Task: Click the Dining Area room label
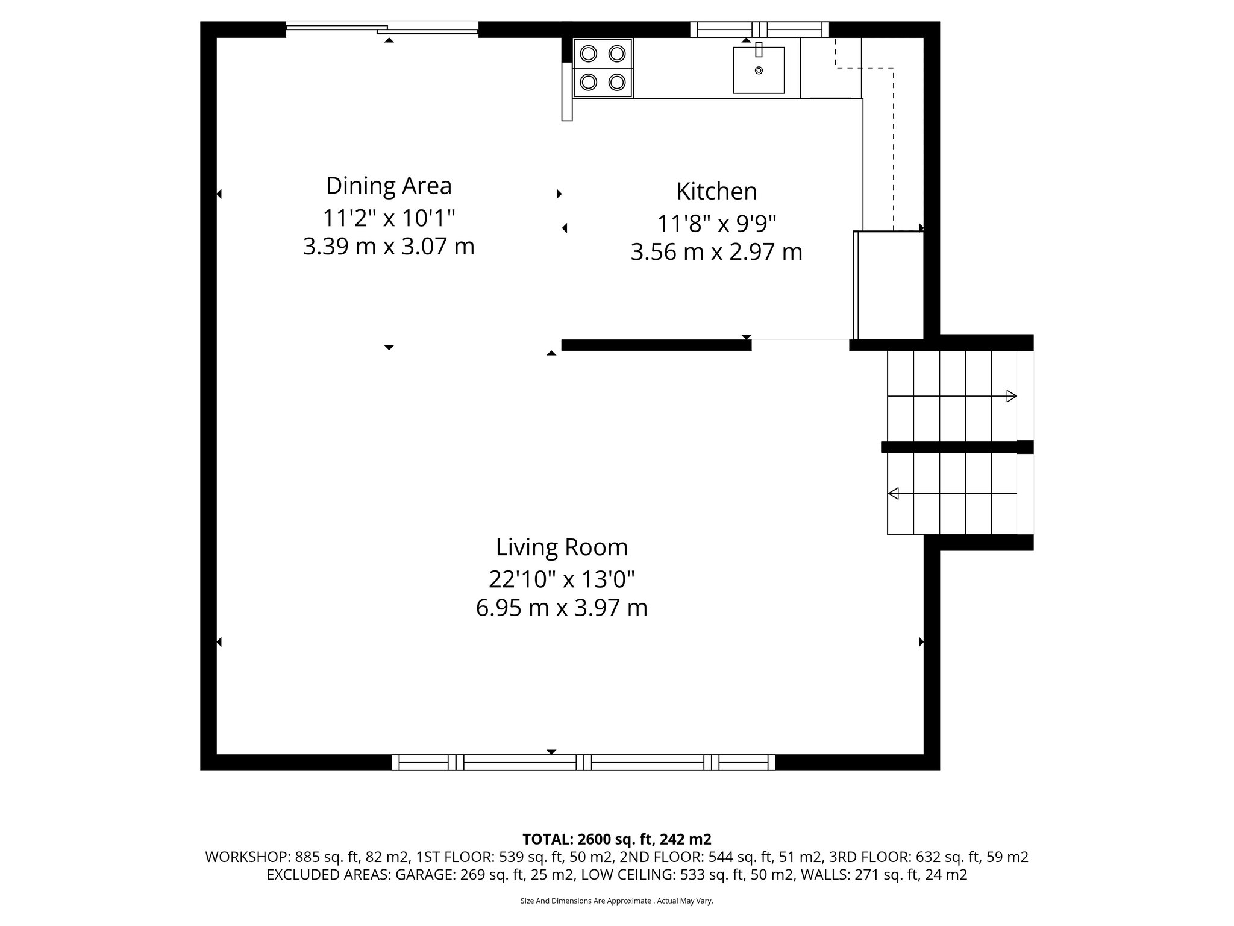tap(389, 186)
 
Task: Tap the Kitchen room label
tap(716, 192)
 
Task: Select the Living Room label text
tap(562, 547)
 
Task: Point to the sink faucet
tap(759, 49)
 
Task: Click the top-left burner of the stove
tap(589, 54)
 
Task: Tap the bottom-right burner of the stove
tap(616, 81)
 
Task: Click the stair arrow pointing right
tap(1011, 396)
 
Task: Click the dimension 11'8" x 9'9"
tap(716, 224)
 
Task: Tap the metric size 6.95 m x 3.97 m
tap(562, 608)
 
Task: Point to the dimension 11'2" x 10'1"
tap(389, 218)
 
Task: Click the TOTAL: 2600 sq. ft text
tap(616, 839)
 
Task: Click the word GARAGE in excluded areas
tap(425, 875)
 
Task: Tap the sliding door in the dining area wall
tap(382, 28)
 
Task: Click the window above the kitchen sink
tap(759, 29)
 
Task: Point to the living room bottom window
tap(583, 762)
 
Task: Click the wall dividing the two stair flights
tap(952, 447)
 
